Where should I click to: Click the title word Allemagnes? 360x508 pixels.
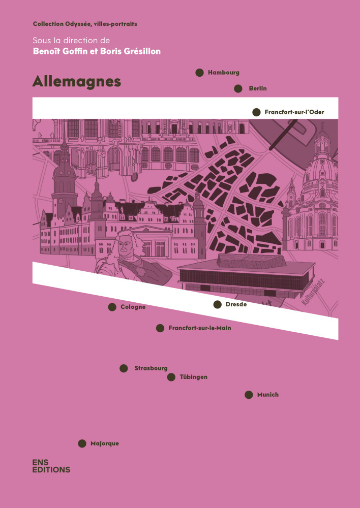(77, 82)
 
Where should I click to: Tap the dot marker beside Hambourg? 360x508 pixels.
(200, 73)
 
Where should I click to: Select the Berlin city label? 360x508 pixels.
(258, 89)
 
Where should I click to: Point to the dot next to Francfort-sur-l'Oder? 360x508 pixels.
(256, 112)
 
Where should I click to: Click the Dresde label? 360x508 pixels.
(236, 304)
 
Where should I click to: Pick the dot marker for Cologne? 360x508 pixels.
(112, 307)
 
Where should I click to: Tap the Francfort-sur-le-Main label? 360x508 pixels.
(199, 328)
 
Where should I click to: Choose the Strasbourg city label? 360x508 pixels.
(151, 368)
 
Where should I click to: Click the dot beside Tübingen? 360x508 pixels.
(171, 377)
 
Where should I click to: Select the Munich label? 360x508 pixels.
(267, 395)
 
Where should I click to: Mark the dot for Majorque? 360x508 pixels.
(82, 443)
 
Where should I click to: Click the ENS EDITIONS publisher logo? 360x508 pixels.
(51, 466)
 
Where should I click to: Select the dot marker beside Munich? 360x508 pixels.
(249, 395)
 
